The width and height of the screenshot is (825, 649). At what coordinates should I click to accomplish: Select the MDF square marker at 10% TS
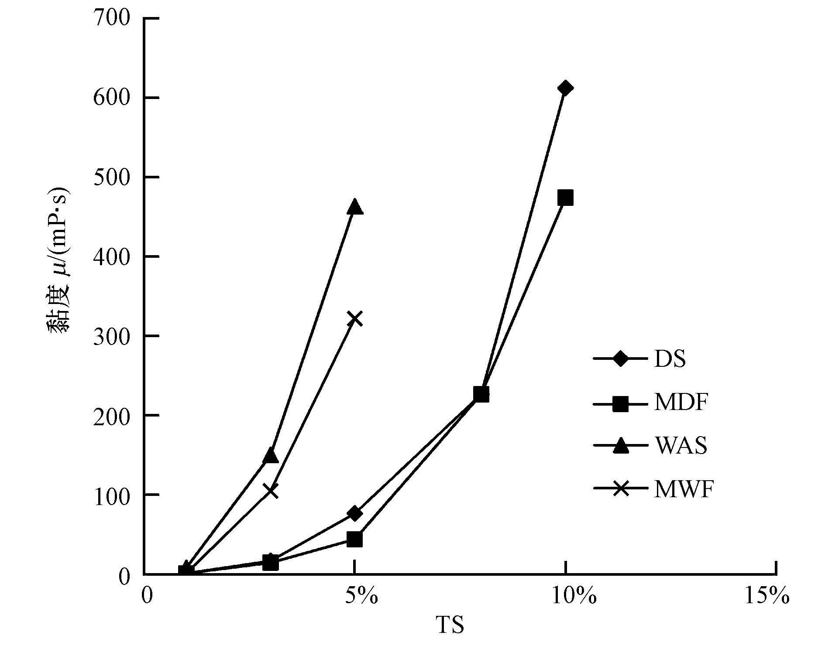click(565, 198)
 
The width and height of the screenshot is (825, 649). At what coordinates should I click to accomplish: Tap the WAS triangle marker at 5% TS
click(355, 207)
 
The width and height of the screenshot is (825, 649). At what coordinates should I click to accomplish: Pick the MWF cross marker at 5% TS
click(355, 319)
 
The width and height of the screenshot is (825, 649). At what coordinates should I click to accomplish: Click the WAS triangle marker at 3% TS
click(271, 455)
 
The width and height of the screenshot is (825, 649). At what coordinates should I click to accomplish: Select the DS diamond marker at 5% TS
click(355, 513)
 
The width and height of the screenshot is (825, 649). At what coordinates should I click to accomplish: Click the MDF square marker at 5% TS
click(355, 540)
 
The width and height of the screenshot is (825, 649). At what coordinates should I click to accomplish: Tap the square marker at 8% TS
click(481, 394)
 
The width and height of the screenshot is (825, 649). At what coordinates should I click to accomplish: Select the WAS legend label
click(681, 446)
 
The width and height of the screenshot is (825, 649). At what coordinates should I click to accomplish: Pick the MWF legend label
click(684, 489)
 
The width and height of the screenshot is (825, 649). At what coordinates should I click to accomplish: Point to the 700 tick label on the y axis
click(112, 19)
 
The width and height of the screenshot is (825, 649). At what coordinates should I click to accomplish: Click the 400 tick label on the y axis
click(112, 257)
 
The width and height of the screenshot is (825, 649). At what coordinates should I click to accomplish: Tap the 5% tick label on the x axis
click(361, 596)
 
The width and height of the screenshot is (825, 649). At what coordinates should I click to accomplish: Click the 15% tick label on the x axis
click(767, 596)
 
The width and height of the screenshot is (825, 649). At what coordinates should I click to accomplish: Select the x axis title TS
click(450, 625)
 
